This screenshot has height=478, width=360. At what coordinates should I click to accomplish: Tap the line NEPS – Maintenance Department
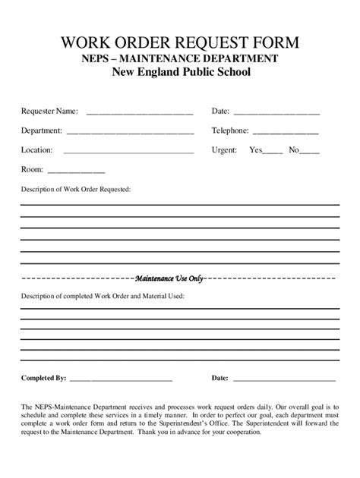(x=180, y=58)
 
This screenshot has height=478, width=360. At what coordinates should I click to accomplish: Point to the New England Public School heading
(x=180, y=73)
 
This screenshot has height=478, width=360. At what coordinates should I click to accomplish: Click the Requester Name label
(x=49, y=112)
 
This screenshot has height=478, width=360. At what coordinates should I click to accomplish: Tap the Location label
(x=36, y=149)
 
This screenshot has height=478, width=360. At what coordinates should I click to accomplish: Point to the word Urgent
(x=224, y=149)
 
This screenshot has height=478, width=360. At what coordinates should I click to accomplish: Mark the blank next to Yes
(x=273, y=152)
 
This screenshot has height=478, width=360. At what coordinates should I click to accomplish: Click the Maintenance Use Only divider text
(x=169, y=278)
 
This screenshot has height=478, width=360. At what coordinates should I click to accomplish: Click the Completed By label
(x=44, y=377)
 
